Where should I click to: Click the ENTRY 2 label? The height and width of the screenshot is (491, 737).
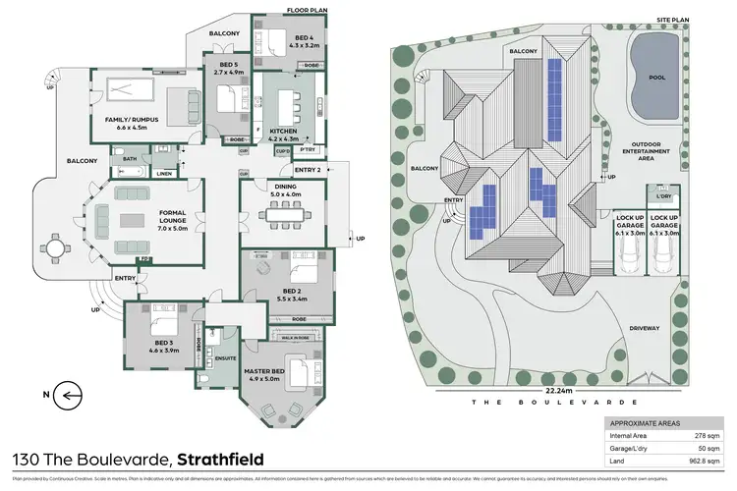(x=308, y=170)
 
